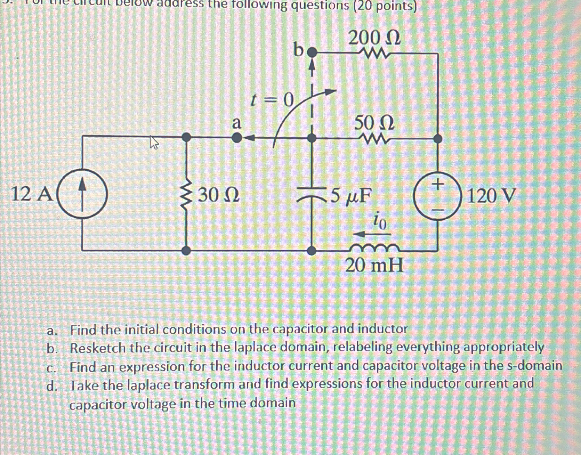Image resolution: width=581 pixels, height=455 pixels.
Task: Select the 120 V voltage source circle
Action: pos(438,196)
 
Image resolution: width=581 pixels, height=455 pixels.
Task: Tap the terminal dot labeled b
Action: pos(313,53)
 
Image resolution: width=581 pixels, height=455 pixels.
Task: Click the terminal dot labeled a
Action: pos(236,138)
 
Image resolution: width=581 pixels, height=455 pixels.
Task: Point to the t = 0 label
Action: pos(272,101)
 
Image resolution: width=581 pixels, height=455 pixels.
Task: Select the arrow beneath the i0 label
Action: pos(371,235)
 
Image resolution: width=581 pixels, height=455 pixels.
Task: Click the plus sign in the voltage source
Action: pos(438,183)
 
